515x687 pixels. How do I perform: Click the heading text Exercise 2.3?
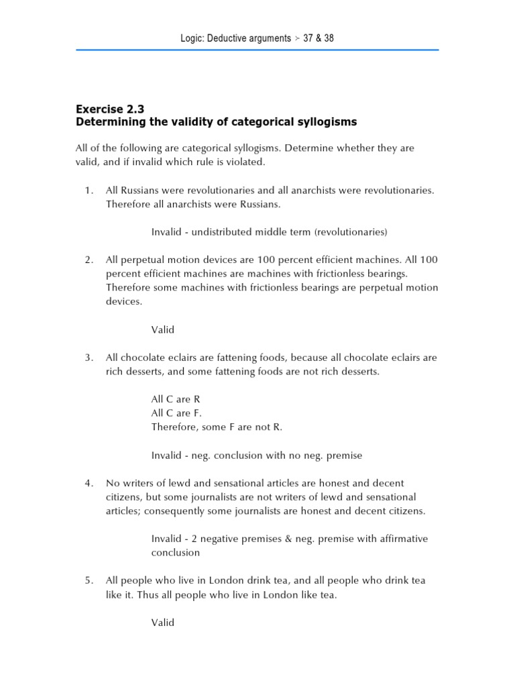click(x=110, y=108)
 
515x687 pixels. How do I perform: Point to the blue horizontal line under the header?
click(x=257, y=50)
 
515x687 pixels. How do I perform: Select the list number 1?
click(x=89, y=191)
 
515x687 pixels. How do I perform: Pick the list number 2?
click(x=89, y=260)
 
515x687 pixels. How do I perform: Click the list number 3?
click(x=89, y=358)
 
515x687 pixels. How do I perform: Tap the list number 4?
click(x=89, y=483)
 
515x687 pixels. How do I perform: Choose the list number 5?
click(x=89, y=580)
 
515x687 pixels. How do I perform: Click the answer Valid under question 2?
click(x=162, y=329)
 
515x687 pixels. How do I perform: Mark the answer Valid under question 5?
click(x=162, y=623)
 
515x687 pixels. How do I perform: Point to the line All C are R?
click(x=176, y=399)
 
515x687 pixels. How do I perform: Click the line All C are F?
click(x=176, y=413)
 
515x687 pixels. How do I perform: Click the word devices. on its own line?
click(x=123, y=302)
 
